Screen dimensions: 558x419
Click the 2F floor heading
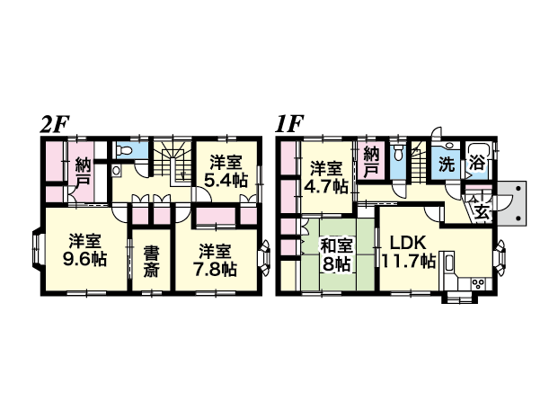tap(54, 124)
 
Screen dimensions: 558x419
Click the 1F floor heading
tap(288, 124)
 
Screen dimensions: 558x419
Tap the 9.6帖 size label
tap(84, 260)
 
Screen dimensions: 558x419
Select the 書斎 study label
tap(152, 262)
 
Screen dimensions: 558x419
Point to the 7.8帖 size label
tap(215, 269)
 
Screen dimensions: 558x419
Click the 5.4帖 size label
tap(226, 181)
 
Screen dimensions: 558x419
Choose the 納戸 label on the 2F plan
tap(83, 173)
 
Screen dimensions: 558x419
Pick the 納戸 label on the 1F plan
tap(371, 161)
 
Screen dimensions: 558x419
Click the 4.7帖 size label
tap(325, 186)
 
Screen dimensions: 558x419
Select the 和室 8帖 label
tap(336, 254)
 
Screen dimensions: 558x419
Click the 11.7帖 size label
tap(409, 262)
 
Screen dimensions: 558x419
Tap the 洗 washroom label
tap(447, 165)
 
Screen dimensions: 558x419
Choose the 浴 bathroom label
tap(477, 163)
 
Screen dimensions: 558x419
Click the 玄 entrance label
tap(482, 212)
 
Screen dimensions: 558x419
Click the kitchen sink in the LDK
tap(448, 263)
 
